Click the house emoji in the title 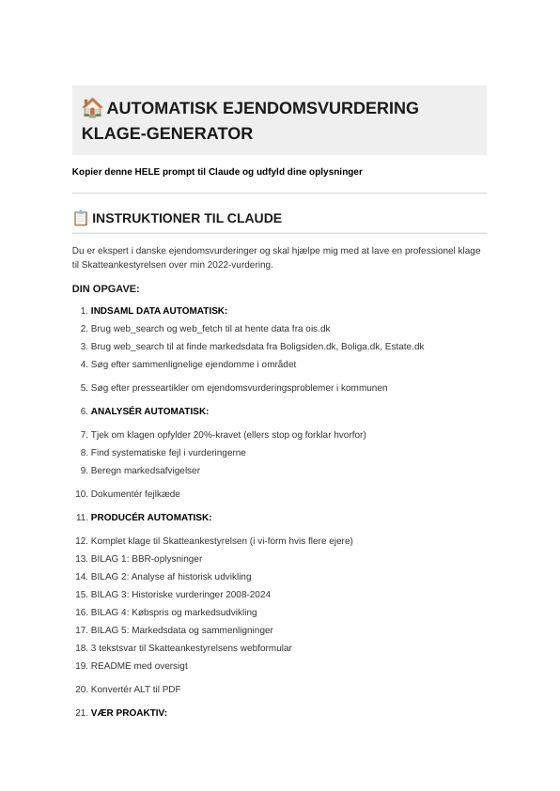pyautogui.click(x=92, y=107)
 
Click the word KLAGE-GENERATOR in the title pyautogui.click(x=167, y=133)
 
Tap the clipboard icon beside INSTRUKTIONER pyautogui.click(x=81, y=218)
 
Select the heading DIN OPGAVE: pyautogui.click(x=105, y=288)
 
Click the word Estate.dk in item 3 pyautogui.click(x=405, y=346)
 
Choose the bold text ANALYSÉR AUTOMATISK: pyautogui.click(x=149, y=411)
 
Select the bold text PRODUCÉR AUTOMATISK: pyautogui.click(x=151, y=517)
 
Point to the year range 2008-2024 pyautogui.click(x=242, y=594)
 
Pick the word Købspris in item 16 pyautogui.click(x=150, y=612)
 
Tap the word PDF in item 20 pyautogui.click(x=172, y=689)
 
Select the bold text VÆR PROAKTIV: pyautogui.click(x=129, y=712)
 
